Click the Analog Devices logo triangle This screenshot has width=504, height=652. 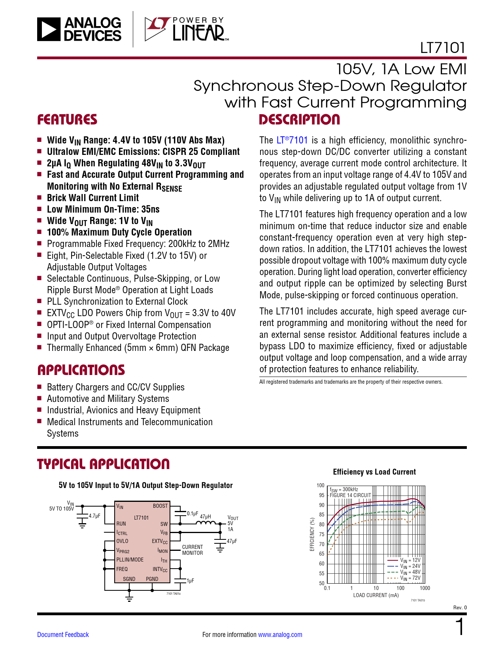(x=49, y=29)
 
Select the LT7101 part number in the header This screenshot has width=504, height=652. (x=442, y=48)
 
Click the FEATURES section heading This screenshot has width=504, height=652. (x=67, y=120)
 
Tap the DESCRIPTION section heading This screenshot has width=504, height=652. (x=299, y=120)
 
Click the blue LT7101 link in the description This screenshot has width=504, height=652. (x=292, y=140)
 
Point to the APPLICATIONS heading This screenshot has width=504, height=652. (x=81, y=370)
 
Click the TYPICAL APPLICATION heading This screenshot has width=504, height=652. (x=104, y=464)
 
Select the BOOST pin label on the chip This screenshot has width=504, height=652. (x=160, y=506)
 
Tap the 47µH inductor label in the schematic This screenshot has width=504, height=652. (x=206, y=516)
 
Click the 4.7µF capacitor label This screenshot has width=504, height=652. (x=94, y=516)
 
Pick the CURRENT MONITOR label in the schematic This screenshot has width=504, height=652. (x=193, y=550)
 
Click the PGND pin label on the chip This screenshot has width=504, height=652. (x=152, y=579)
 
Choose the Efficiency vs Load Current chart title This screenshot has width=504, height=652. (x=374, y=472)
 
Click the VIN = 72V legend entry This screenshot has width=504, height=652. (x=410, y=578)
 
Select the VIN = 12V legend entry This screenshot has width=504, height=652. (x=410, y=560)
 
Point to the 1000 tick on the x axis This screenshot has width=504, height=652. (x=425, y=588)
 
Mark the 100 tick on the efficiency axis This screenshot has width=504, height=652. (x=320, y=485)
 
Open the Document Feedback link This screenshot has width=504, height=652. (x=63, y=635)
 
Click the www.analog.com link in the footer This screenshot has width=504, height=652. (x=280, y=635)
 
